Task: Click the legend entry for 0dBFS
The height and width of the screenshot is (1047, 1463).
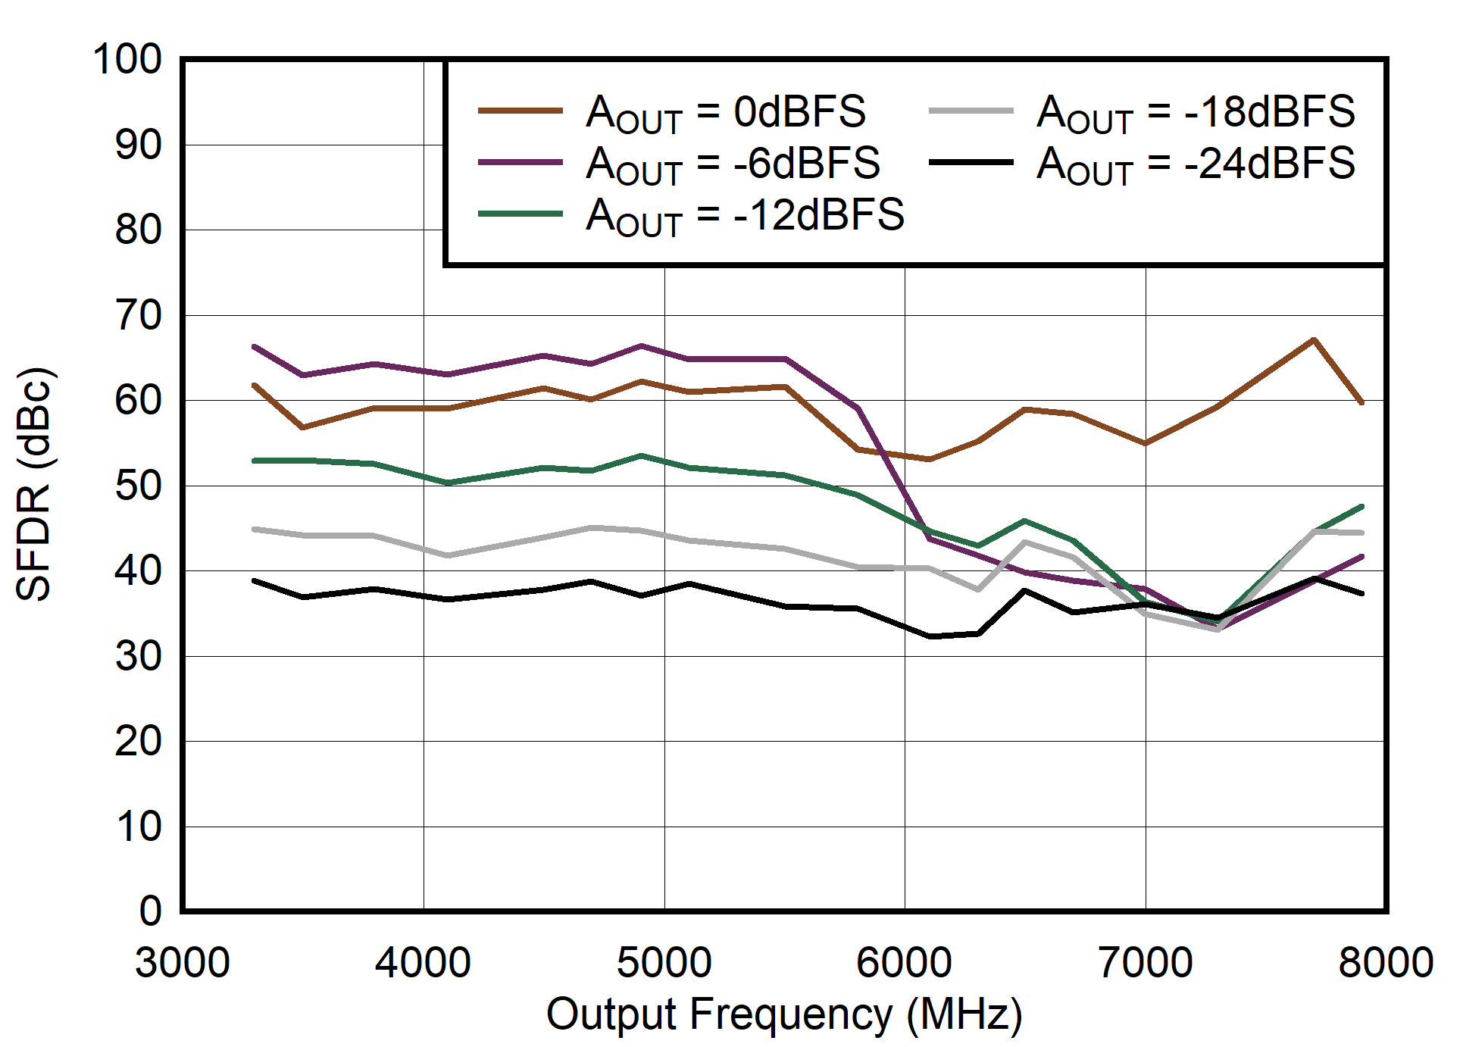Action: (725, 112)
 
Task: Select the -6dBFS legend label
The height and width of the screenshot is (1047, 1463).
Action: (733, 164)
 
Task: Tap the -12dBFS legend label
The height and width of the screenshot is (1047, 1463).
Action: (745, 215)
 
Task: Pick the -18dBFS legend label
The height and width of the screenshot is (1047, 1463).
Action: (1195, 112)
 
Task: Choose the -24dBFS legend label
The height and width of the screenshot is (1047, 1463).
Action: (1195, 164)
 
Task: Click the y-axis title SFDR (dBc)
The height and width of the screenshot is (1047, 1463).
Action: (34, 485)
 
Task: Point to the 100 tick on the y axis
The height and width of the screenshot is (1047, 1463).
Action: (127, 59)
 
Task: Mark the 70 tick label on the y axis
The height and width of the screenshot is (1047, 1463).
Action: (138, 315)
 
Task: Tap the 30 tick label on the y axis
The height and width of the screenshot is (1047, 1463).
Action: (138, 656)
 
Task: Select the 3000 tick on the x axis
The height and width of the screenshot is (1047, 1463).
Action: (183, 963)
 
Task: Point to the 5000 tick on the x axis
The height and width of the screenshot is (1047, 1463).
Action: (664, 963)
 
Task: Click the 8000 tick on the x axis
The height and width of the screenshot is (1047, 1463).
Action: (1386, 963)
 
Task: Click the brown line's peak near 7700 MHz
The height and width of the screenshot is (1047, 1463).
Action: (1314, 339)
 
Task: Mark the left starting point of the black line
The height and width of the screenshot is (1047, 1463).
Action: (255, 581)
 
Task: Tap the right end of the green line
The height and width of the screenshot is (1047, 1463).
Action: (1361, 506)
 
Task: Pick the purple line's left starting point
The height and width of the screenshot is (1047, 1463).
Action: (255, 347)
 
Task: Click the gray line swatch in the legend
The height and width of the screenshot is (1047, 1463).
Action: (971, 111)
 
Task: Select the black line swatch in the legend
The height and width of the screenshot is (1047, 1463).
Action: (971, 162)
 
